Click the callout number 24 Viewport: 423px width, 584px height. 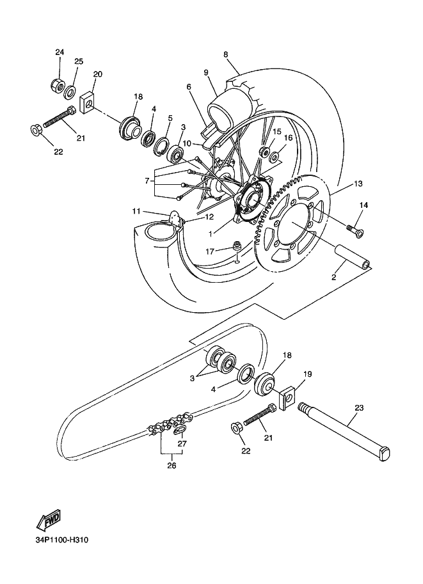click(60, 52)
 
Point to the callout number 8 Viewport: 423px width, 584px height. click(226, 54)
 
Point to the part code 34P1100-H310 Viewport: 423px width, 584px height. click(62, 541)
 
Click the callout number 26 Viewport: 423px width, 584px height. click(171, 466)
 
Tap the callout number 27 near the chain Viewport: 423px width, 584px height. click(182, 443)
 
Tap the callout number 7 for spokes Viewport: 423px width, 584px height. click(148, 181)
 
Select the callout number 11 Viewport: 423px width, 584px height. click(136, 210)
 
